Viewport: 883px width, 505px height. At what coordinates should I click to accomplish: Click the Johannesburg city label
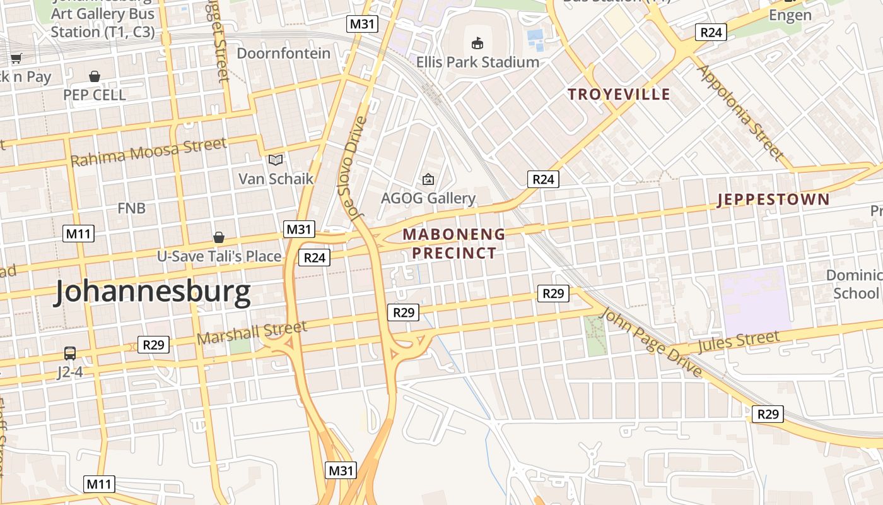coord(153,292)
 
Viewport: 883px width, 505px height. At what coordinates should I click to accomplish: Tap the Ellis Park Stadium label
coord(477,62)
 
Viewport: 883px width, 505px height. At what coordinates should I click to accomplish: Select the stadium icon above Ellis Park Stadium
coord(477,44)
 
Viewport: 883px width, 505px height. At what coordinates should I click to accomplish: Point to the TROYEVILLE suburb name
coord(619,95)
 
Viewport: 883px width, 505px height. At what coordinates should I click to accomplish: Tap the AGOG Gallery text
coord(428,198)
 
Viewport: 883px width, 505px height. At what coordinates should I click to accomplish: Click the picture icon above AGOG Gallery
coord(428,179)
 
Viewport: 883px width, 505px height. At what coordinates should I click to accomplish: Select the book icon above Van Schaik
coord(276,160)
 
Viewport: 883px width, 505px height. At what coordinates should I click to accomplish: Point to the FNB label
coord(132,208)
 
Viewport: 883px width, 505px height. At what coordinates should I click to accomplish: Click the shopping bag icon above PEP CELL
coord(95,76)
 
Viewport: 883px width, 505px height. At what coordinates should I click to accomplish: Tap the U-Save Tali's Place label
coord(219,256)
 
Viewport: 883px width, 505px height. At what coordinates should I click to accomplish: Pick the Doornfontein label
coord(283,53)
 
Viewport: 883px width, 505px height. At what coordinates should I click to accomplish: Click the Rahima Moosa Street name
coord(148,152)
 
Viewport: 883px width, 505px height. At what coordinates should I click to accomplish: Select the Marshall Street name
coord(252,333)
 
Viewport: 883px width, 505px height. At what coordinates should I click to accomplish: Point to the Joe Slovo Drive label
coord(354,169)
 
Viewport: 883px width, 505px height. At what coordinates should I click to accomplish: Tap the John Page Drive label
coord(651,343)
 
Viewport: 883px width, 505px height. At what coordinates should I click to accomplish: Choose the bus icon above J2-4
coord(69,353)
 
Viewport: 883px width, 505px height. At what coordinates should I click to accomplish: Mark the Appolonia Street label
coord(739,112)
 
